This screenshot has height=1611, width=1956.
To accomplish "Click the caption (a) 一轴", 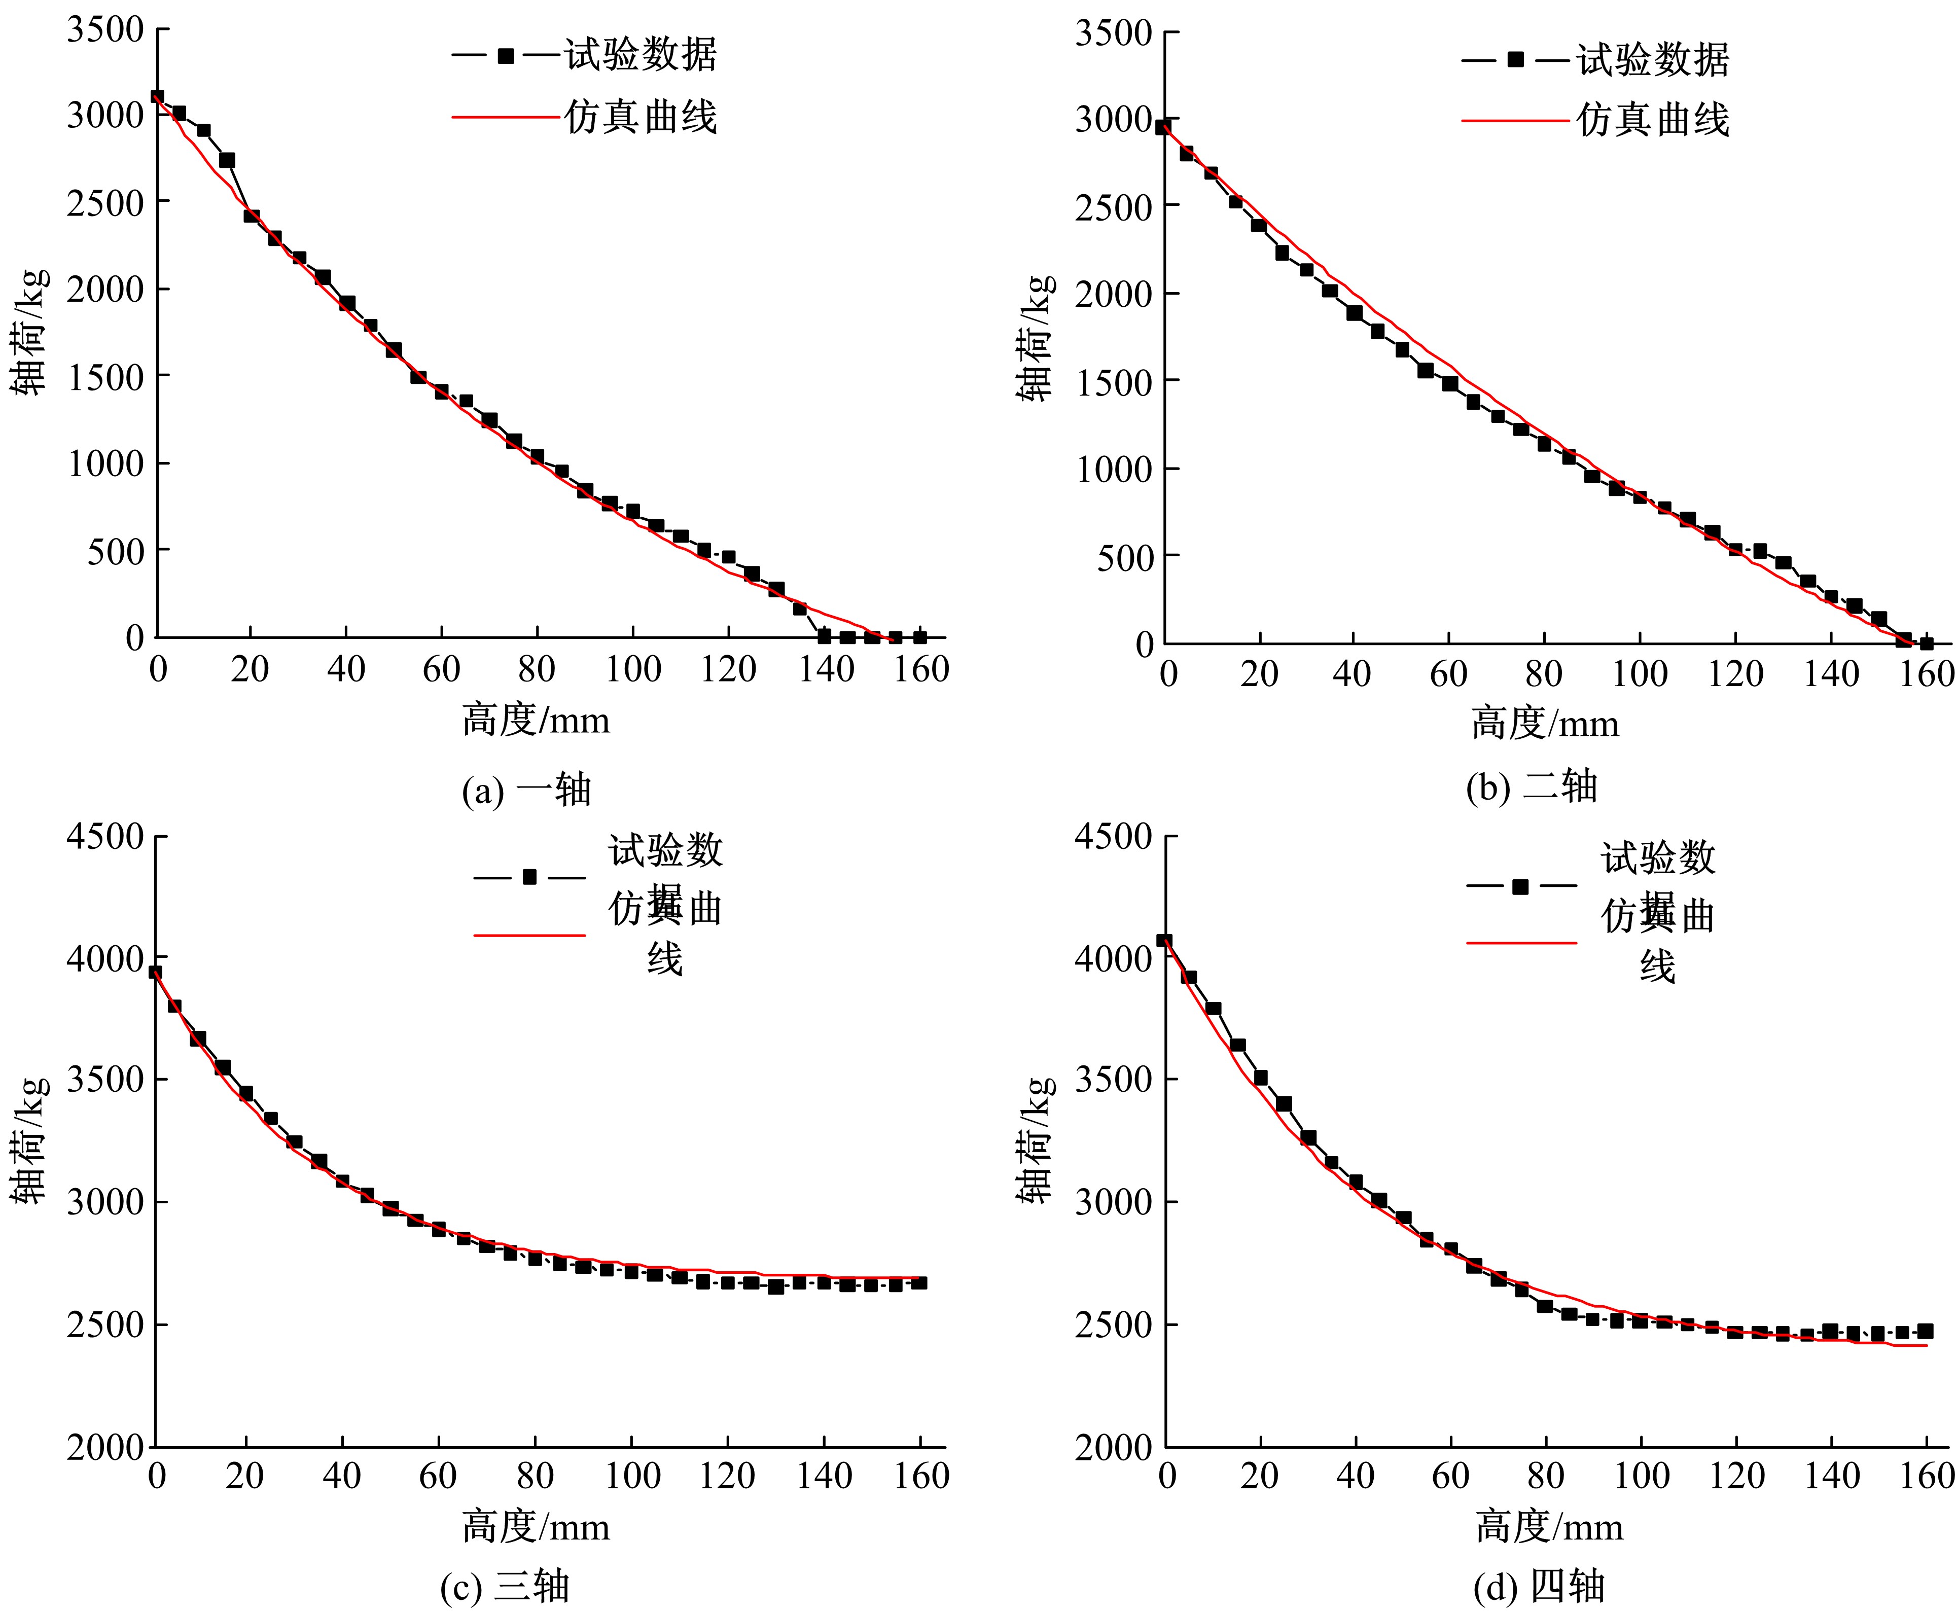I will pos(526,790).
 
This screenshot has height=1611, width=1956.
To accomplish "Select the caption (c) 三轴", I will pos(505,1586).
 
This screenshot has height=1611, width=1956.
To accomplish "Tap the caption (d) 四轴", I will pos(1539,1586).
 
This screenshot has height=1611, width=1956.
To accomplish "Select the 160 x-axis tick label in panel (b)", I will pos(1926,674).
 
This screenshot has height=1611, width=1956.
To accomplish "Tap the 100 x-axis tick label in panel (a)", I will pos(633,669).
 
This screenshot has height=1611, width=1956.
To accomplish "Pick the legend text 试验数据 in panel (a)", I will pos(640,56).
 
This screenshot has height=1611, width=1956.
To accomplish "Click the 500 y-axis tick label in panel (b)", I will pos(1125,557).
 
